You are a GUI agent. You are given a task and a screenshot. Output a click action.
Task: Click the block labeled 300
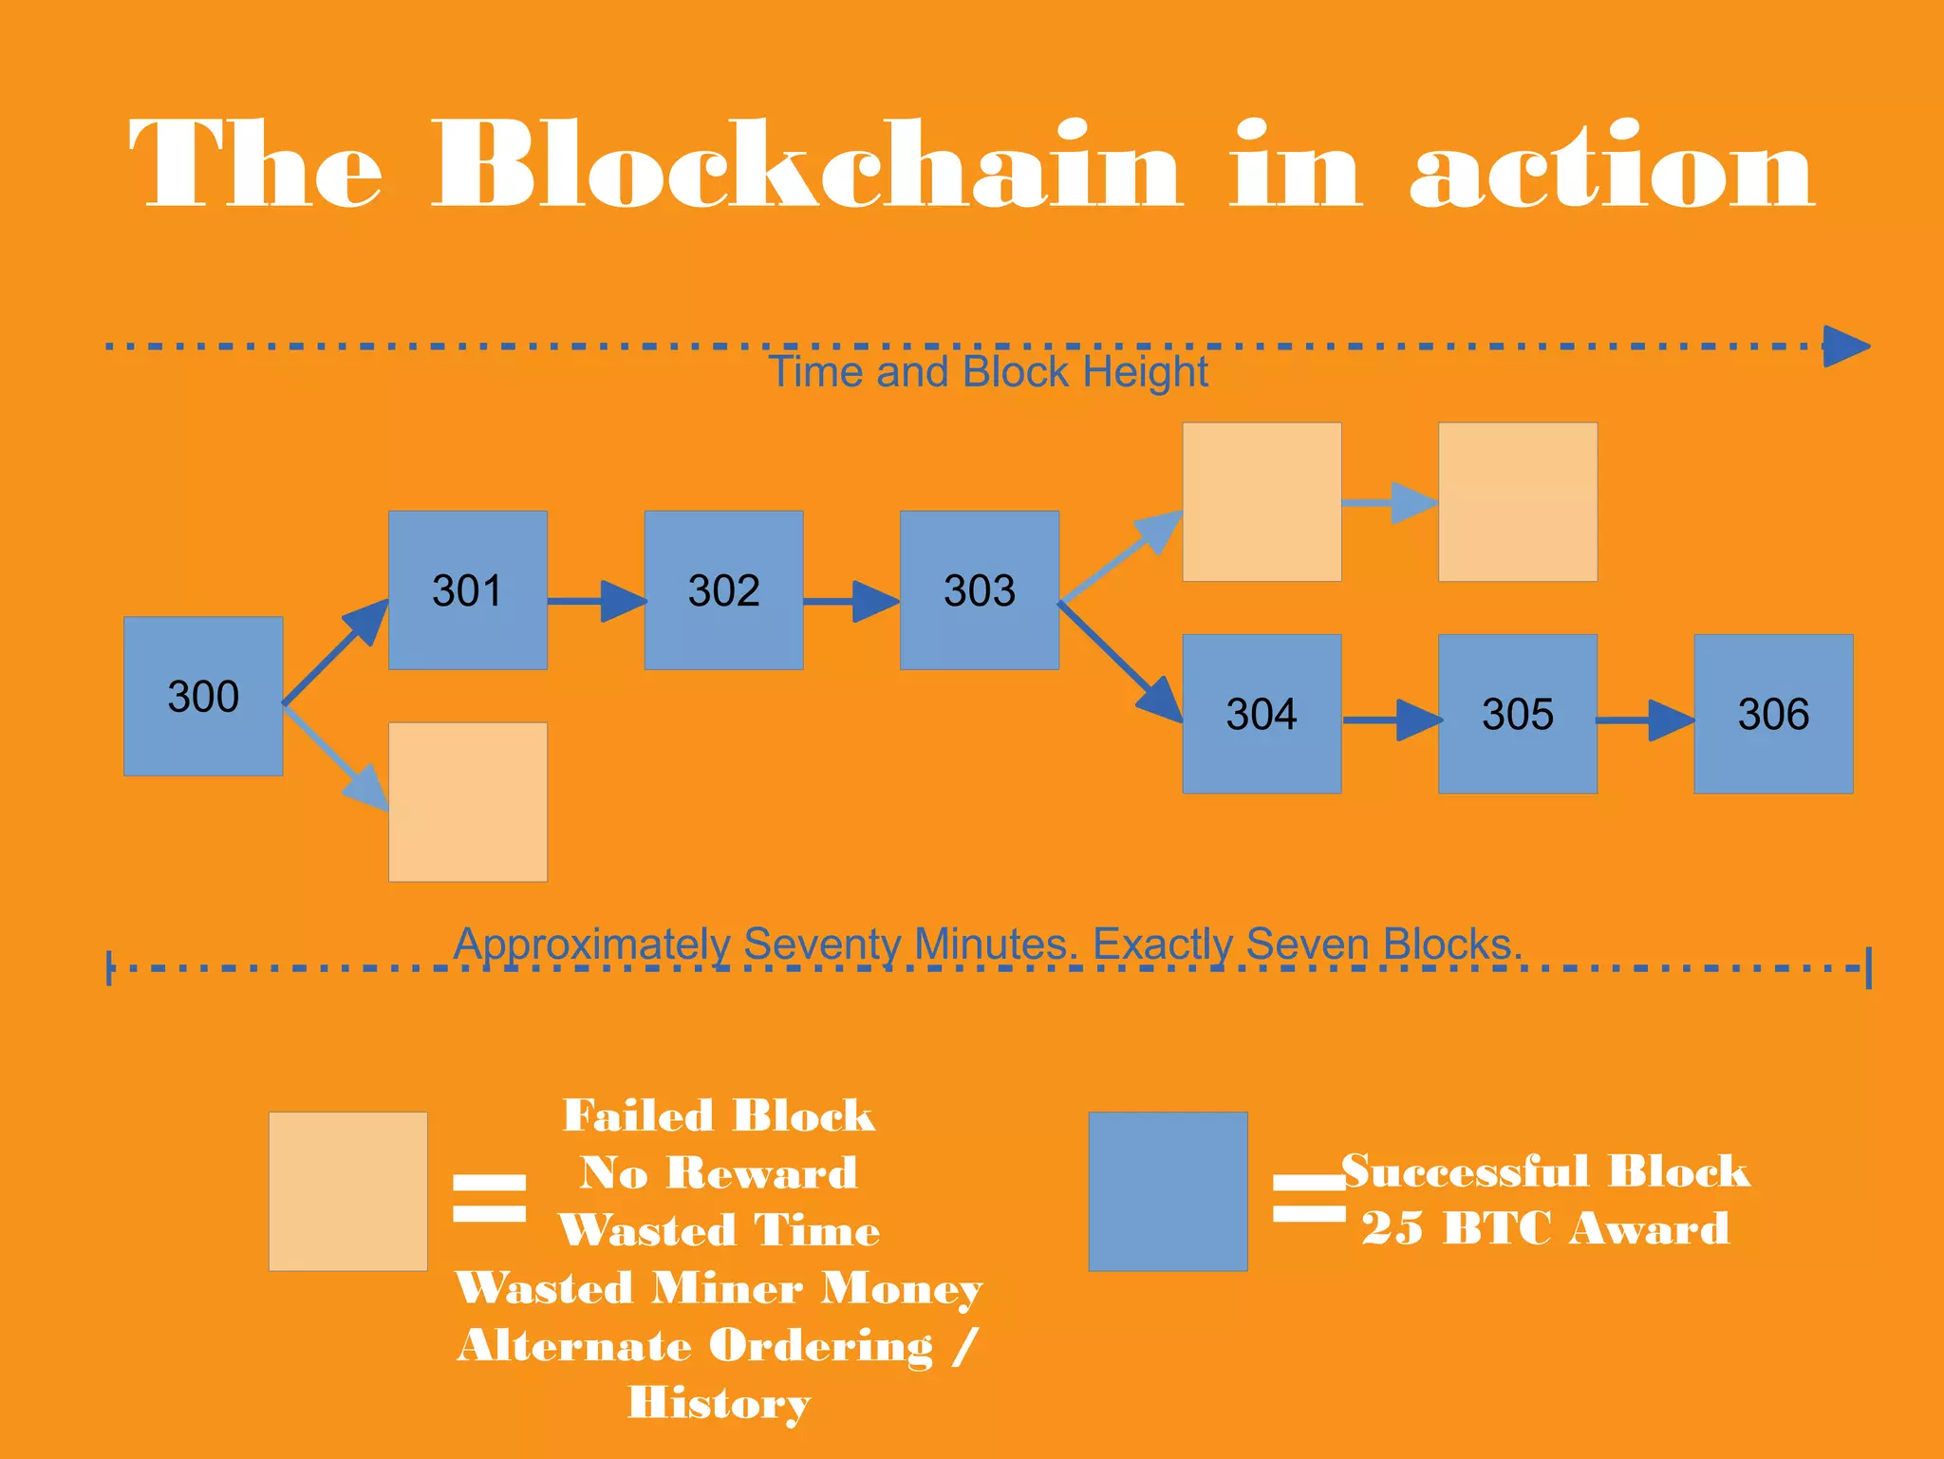coord(203,696)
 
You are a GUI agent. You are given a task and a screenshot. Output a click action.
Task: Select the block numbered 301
coord(467,589)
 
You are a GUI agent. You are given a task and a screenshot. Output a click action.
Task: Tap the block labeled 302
coord(723,589)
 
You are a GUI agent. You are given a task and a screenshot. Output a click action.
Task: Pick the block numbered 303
coord(979,589)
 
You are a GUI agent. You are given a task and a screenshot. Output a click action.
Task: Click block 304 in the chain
coord(1262,713)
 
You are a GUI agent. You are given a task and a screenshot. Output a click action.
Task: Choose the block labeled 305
coord(1517,713)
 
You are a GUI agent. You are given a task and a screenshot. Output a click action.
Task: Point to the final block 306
coord(1773,713)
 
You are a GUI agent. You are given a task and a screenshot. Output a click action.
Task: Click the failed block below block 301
coord(467,801)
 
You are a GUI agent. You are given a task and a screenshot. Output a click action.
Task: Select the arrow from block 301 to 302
coord(596,601)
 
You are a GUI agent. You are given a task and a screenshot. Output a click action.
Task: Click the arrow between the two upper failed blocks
coord(1389,502)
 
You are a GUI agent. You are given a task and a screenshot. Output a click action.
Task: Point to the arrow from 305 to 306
coord(1645,720)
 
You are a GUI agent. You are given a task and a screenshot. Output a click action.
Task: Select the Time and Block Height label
coord(987,371)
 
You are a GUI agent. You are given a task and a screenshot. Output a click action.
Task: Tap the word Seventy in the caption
coord(821,944)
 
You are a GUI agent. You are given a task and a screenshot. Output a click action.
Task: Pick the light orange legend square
coord(347,1190)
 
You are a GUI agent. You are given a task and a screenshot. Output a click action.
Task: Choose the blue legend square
coord(1168,1190)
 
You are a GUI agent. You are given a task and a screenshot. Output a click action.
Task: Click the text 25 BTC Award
coord(1545,1228)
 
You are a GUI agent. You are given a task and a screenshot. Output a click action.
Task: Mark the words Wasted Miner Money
coord(719,1289)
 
